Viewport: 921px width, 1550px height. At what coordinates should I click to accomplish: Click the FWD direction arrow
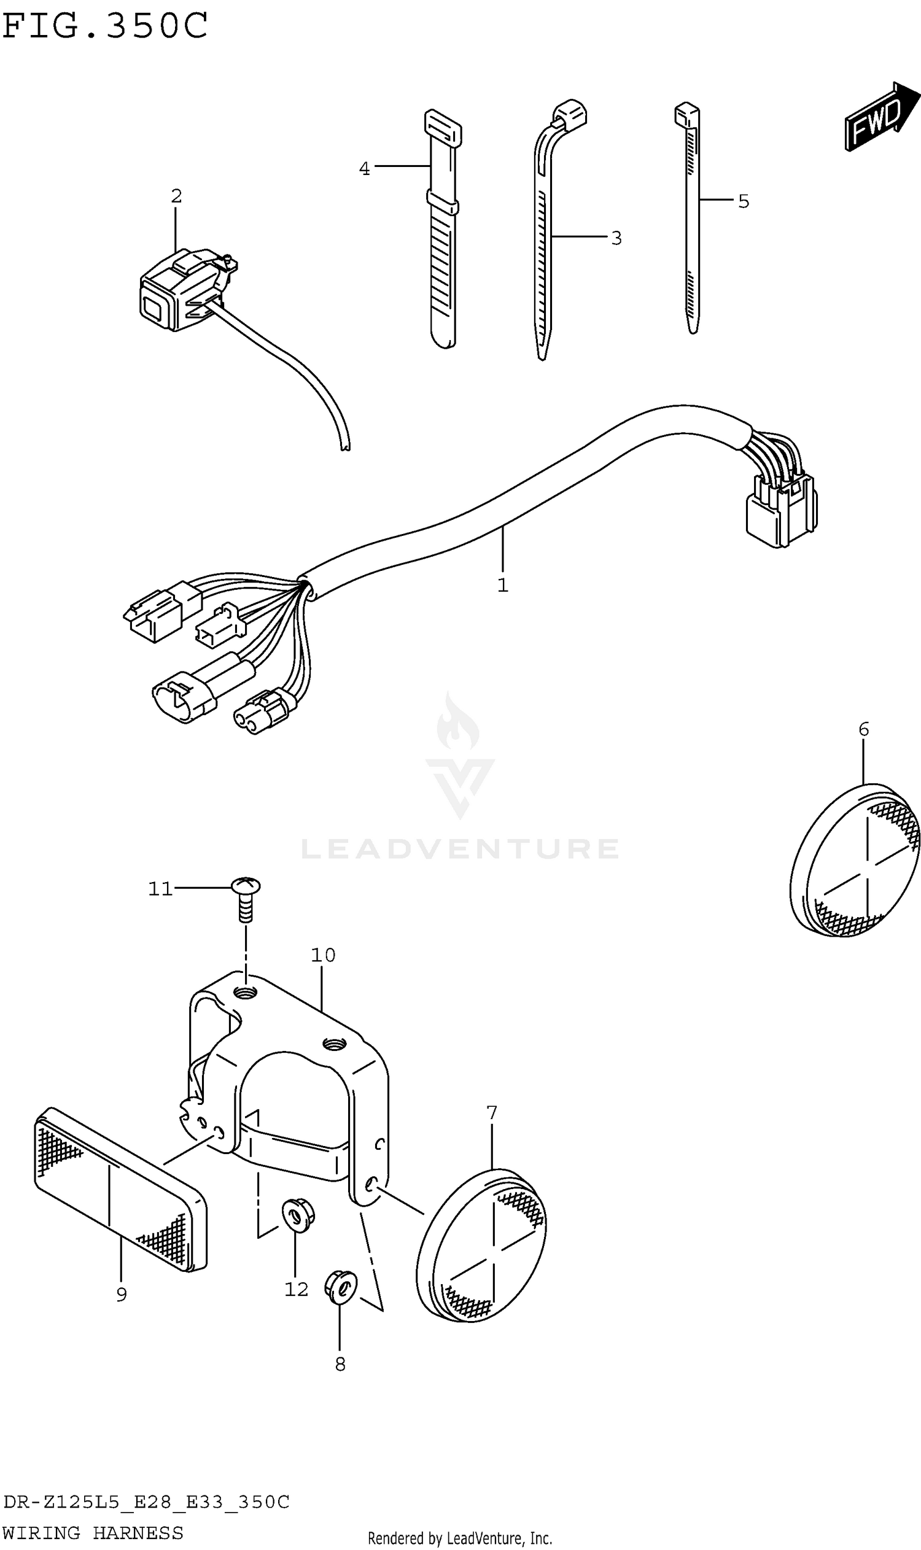[x=880, y=117]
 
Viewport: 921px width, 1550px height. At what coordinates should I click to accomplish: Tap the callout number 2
[x=176, y=196]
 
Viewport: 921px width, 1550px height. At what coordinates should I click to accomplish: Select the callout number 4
[x=364, y=168]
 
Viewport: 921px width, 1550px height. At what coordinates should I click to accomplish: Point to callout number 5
[x=744, y=201]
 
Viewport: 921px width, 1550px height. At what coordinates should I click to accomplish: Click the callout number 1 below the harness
[x=503, y=584]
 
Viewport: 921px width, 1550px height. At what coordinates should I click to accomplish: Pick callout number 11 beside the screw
[x=160, y=888]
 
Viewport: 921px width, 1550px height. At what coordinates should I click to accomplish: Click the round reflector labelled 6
[x=855, y=861]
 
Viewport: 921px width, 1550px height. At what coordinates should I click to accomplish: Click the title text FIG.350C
[x=106, y=26]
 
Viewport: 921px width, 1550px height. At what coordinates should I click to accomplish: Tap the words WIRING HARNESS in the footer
[x=93, y=1532]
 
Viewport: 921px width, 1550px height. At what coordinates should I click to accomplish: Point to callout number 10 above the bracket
[x=323, y=955]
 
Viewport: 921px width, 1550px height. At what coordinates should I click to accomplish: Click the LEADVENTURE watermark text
[x=460, y=848]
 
